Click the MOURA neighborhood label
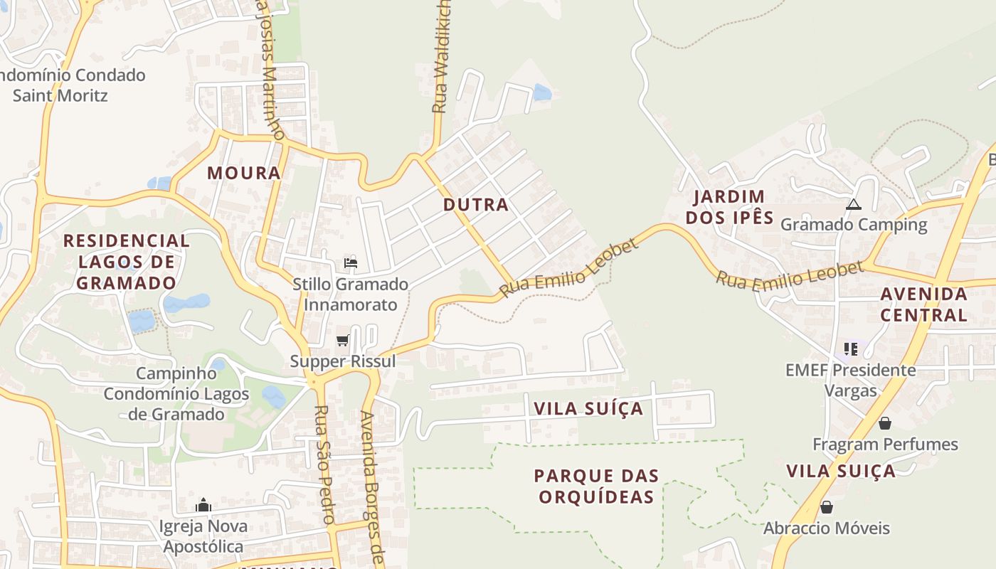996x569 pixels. pyautogui.click(x=244, y=173)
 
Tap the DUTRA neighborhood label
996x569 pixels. pyautogui.click(x=476, y=205)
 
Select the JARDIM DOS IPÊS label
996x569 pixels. pyautogui.click(x=729, y=207)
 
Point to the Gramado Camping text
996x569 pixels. pyautogui.click(x=854, y=225)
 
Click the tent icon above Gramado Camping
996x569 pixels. pyautogui.click(x=853, y=205)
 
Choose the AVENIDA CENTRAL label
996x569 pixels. pyautogui.click(x=923, y=304)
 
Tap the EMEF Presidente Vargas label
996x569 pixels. pyautogui.click(x=851, y=381)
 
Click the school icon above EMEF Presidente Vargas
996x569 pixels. pyautogui.click(x=850, y=349)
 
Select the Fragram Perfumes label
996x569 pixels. pyautogui.click(x=885, y=445)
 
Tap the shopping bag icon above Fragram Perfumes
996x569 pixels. pyautogui.click(x=884, y=423)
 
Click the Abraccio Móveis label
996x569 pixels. pyautogui.click(x=826, y=528)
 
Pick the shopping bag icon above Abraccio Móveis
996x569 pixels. pyautogui.click(x=826, y=507)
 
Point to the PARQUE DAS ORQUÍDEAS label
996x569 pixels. pyautogui.click(x=596, y=486)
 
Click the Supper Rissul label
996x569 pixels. pyautogui.click(x=342, y=361)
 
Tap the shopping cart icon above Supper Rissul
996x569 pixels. pyautogui.click(x=342, y=341)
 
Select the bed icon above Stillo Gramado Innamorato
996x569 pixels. pyautogui.click(x=350, y=263)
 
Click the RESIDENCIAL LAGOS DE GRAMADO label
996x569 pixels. pyautogui.click(x=127, y=262)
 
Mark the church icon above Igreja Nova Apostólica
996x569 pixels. pyautogui.click(x=203, y=506)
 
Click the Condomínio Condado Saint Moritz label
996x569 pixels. pyautogui.click(x=68, y=85)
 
